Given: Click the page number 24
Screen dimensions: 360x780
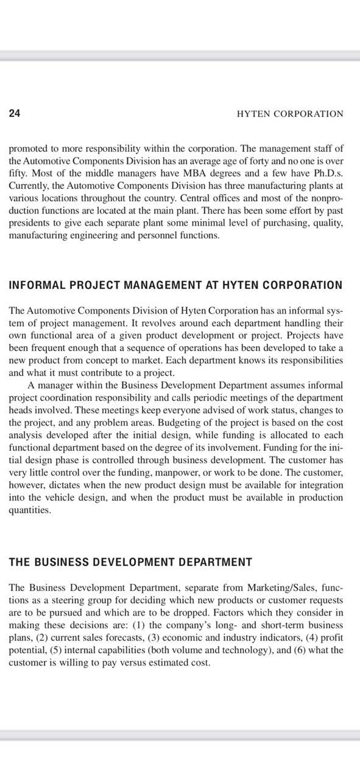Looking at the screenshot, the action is point(15,113).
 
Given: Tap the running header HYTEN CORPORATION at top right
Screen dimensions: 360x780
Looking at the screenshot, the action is point(289,114).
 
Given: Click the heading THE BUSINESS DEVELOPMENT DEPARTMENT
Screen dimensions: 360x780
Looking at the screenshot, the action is point(130,562).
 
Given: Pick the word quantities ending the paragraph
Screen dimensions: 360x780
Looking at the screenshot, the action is point(29,510).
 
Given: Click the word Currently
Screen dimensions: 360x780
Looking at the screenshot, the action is point(29,186).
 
